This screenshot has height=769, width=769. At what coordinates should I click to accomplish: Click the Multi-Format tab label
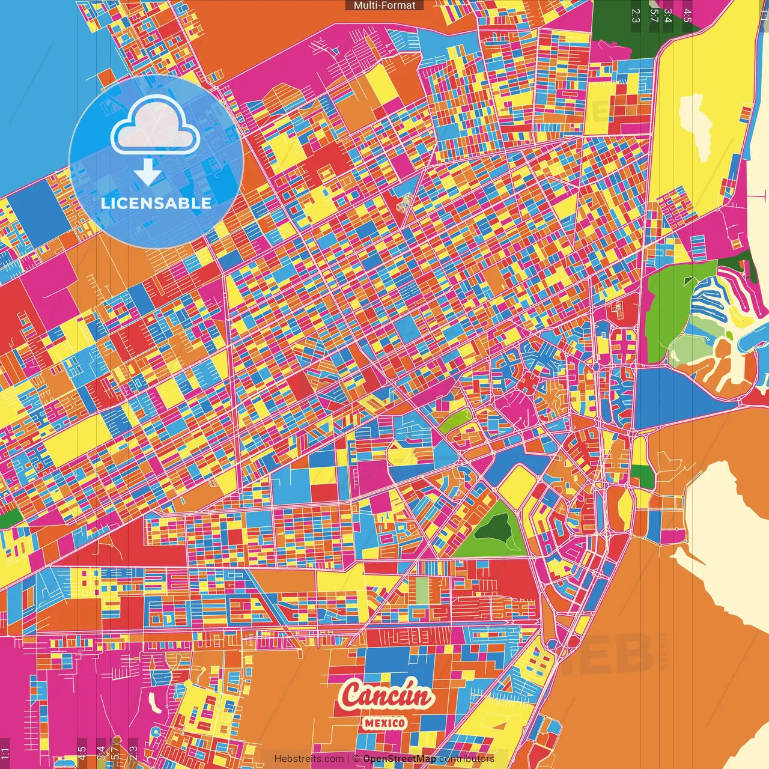click(x=384, y=5)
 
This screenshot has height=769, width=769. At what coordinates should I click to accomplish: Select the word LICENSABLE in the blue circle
click(x=156, y=203)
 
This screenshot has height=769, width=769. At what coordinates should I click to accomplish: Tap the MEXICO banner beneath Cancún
click(x=384, y=723)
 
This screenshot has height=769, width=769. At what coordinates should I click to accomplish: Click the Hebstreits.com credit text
click(x=309, y=759)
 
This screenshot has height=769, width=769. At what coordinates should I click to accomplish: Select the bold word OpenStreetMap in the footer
click(x=399, y=759)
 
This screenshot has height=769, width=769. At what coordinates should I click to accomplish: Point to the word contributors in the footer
click(x=467, y=759)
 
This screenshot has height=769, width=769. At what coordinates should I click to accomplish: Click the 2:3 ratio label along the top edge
click(x=636, y=15)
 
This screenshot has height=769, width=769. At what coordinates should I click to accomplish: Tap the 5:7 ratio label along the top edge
click(x=654, y=15)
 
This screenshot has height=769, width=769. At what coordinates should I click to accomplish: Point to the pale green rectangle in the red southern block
click(x=422, y=590)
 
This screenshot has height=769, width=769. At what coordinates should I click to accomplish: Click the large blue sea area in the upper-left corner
click(x=36, y=90)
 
